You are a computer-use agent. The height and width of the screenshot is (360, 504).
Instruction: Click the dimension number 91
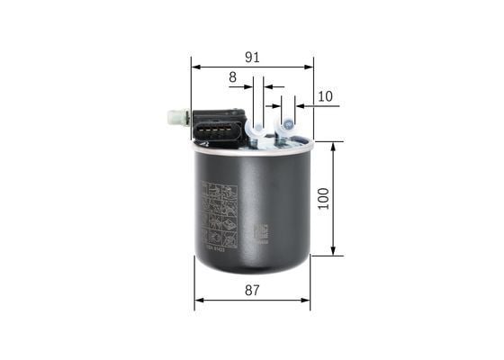[x=252, y=57]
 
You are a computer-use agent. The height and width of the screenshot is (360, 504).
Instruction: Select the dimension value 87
[x=252, y=290]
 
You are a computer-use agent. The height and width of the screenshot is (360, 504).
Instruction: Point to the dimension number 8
[x=232, y=78]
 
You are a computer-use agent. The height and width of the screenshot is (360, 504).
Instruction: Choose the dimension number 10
[x=325, y=96]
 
